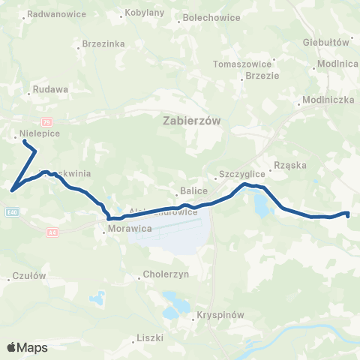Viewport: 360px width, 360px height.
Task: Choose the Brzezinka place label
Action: tap(103, 44)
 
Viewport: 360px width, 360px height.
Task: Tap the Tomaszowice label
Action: tap(240, 64)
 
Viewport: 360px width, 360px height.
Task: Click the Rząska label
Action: tap(291, 169)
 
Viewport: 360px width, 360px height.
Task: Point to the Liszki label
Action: tap(150, 338)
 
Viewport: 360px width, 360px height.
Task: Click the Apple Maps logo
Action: tap(27, 347)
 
